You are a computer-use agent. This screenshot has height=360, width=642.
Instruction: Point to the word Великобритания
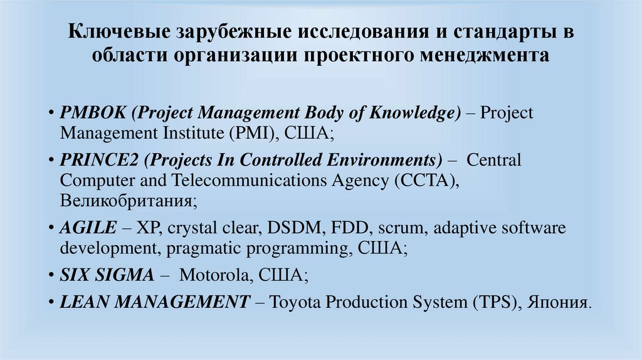click(x=129, y=201)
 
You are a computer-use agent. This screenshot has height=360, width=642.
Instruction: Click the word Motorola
click(x=216, y=275)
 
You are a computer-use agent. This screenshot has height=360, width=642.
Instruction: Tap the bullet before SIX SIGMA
click(x=51, y=275)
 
